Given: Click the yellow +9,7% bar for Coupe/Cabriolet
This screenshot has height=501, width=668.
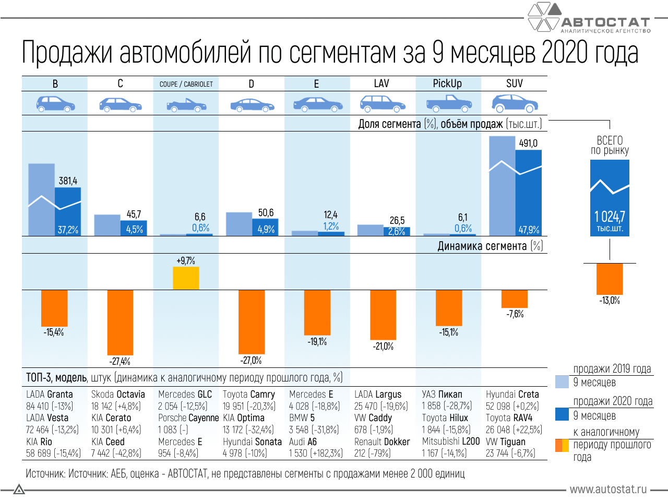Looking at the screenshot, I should coord(186,278).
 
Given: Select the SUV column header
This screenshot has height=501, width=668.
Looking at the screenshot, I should coord(514,83).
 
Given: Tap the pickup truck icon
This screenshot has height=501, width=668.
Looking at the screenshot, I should coord(448,104).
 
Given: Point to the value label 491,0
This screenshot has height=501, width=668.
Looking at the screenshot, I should coord(528,144).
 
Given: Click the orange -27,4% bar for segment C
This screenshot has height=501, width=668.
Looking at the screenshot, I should coord(120,322).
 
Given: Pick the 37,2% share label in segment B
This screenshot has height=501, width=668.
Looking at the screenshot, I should coord(68,230).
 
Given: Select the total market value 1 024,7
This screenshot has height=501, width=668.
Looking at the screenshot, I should coord(610,217).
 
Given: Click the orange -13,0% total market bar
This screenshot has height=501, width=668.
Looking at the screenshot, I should coord(610,279).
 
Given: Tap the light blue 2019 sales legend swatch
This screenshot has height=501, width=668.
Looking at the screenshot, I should coord(562,381).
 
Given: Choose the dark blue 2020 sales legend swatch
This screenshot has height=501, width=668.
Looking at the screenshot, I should coord(562,414).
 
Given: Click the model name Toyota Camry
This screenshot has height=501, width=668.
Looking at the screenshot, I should coord(248,395).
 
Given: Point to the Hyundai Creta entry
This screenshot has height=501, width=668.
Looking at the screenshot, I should coord(512,395).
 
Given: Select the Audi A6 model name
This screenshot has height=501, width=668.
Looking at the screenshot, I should coord(303,442).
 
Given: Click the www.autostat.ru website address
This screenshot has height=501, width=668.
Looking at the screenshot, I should coord(608,490).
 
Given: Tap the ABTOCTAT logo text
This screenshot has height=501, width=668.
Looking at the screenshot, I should coord(605,22).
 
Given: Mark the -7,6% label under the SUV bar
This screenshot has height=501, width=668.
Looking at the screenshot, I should coord(515,314).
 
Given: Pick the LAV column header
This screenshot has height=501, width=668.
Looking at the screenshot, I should coord(381,83).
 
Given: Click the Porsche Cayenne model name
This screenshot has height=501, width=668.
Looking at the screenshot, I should coord(188,418).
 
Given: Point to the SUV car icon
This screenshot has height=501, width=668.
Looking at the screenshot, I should coord(515,103).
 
